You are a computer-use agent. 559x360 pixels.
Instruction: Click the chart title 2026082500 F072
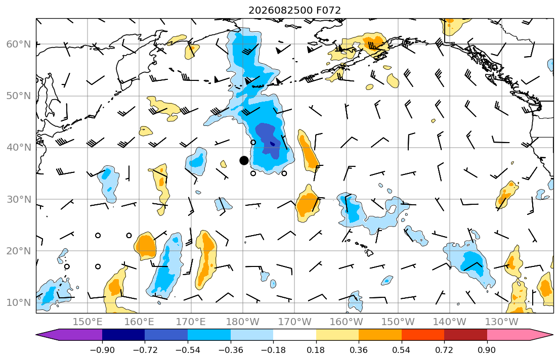point(294,10)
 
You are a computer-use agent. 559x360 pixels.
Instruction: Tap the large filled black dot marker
point(244,160)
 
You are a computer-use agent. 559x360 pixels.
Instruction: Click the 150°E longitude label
point(88,322)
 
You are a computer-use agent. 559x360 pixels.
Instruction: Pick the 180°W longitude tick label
point(243,322)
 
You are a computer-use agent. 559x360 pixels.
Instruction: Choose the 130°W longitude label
point(502,322)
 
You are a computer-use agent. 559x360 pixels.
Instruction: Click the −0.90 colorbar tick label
point(102,350)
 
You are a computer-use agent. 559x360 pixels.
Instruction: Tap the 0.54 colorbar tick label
point(402,350)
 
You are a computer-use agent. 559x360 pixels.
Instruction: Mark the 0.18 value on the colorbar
point(316,350)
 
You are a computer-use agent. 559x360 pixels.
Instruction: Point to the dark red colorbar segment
point(465,335)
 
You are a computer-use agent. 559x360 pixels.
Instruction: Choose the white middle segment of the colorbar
point(294,335)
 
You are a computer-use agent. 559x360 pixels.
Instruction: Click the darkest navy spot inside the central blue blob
point(273,144)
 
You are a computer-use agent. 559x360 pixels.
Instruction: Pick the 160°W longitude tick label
point(346,322)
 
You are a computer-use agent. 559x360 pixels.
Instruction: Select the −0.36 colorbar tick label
point(230,350)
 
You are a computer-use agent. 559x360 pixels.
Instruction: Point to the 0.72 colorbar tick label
point(444,350)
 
